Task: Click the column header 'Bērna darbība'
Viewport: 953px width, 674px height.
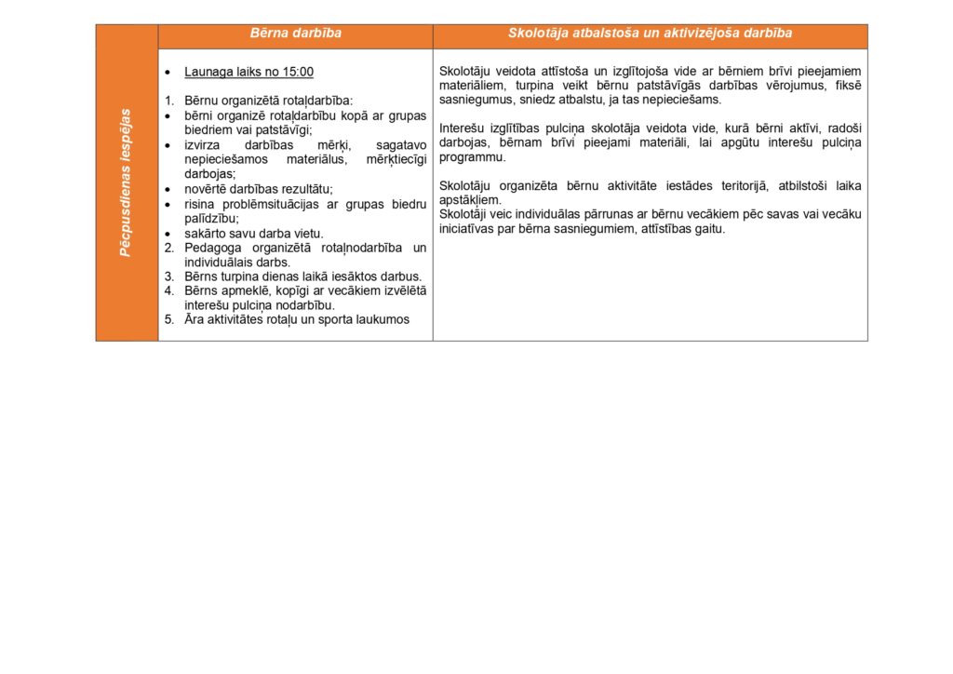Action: [295, 34]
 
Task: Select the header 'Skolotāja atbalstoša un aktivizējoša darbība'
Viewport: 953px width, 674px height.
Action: [650, 34]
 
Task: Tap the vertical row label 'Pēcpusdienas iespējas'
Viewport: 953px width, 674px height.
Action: [127, 182]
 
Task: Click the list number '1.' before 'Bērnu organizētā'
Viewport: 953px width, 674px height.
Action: [169, 101]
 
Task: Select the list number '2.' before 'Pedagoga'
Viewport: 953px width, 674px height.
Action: [169, 248]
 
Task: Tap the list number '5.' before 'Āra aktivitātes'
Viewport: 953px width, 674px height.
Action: [169, 319]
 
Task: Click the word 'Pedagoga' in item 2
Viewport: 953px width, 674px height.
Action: [210, 248]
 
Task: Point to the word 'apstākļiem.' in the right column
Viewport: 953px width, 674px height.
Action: [470, 200]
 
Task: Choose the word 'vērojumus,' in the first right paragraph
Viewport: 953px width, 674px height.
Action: [789, 86]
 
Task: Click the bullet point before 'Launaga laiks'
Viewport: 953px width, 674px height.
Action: [167, 73]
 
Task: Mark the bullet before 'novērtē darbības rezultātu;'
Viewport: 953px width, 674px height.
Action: [167, 189]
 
